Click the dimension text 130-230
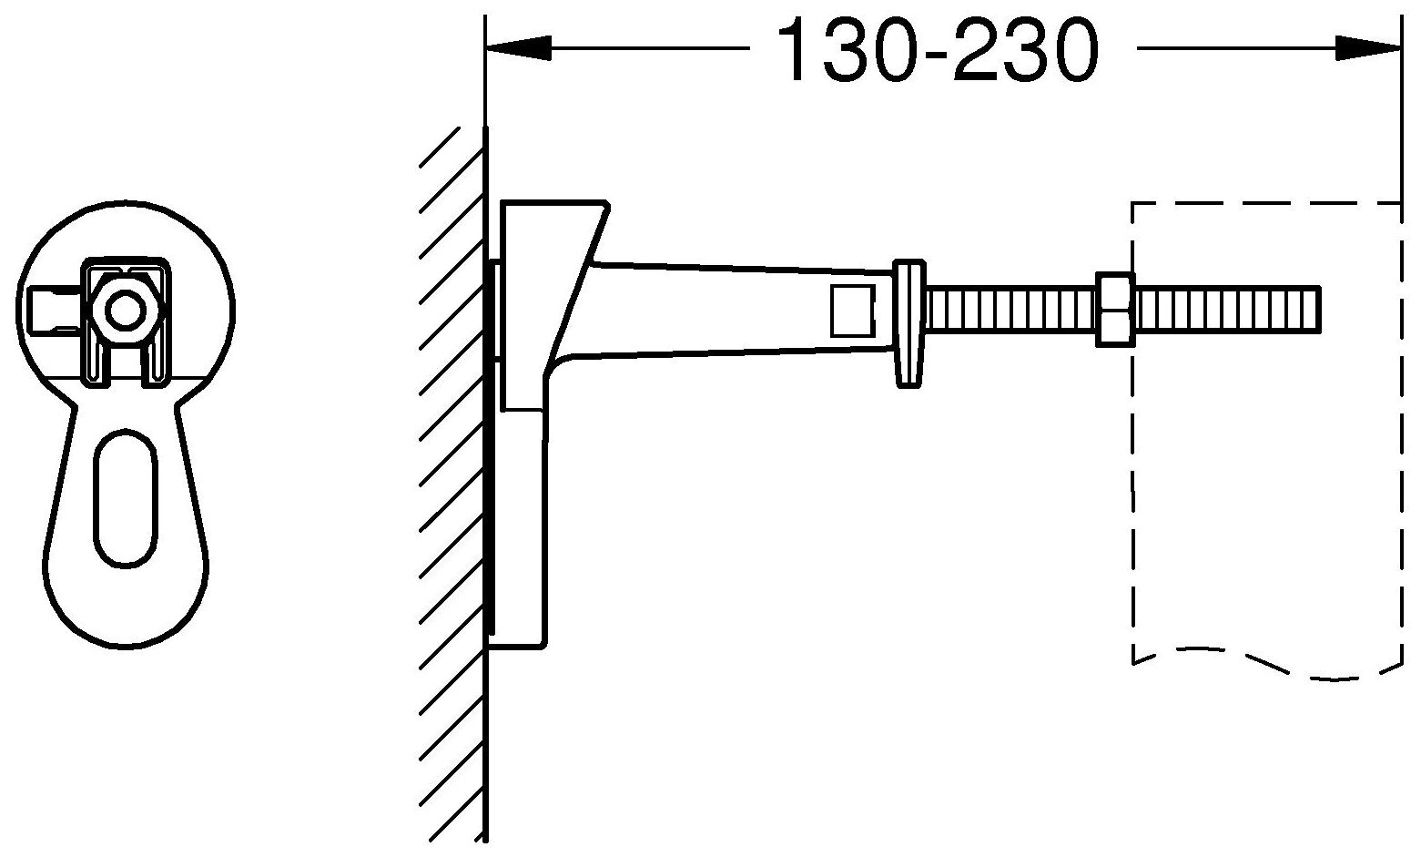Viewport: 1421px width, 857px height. (x=937, y=49)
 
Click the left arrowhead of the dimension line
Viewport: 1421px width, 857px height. (x=518, y=48)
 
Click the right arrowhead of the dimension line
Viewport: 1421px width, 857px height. (x=1368, y=48)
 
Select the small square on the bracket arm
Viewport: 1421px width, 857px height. (x=854, y=311)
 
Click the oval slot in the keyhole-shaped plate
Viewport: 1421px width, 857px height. (x=126, y=497)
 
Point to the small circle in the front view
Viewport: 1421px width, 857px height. (x=126, y=311)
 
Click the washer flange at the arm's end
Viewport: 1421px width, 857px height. (x=909, y=322)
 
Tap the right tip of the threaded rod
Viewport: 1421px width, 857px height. (x=1320, y=309)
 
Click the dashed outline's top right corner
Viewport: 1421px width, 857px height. (x=1401, y=203)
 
